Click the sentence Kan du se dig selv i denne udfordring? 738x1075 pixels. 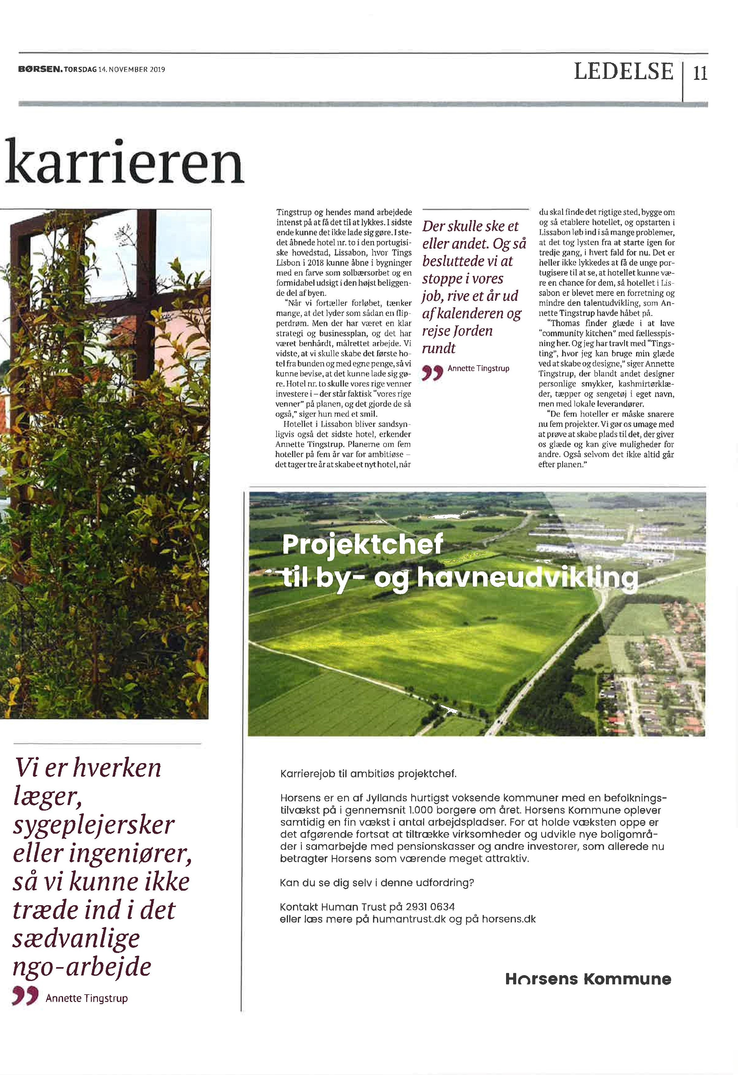(x=377, y=883)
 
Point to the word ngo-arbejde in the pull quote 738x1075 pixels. (x=82, y=967)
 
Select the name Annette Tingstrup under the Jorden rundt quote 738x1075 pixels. (x=478, y=369)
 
